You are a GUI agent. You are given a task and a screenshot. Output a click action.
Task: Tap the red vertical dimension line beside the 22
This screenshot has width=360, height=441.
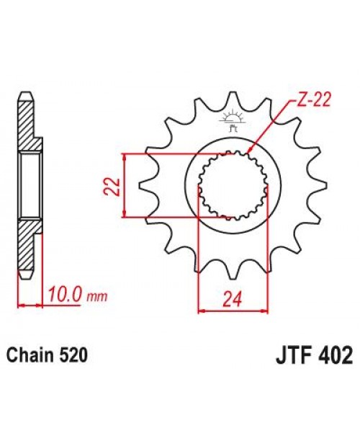coord(125,185)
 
